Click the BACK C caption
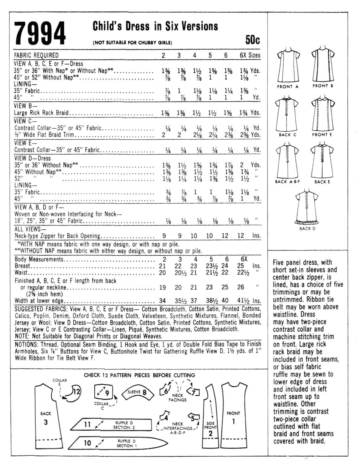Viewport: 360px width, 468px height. point(288,135)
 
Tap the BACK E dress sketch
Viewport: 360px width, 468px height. point(322,161)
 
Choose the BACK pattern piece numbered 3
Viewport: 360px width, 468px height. point(45,414)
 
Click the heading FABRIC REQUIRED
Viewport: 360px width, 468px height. point(36,55)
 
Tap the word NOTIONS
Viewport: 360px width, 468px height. point(25,344)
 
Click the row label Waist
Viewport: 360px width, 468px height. point(21,273)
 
